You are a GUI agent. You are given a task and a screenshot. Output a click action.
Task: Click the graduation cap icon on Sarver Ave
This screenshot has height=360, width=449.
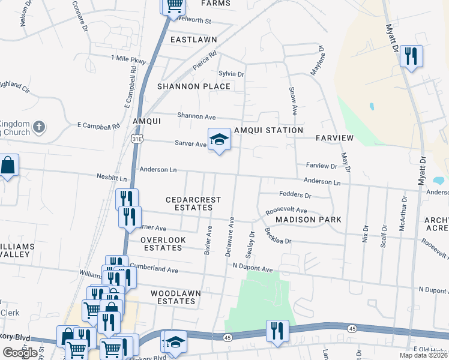pyautogui.click(x=219, y=140)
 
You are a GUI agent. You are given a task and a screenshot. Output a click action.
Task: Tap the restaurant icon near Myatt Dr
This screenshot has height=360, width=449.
pyautogui.click(x=411, y=56)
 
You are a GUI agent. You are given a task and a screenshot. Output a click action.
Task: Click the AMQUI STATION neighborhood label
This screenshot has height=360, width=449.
pyautogui.click(x=268, y=130)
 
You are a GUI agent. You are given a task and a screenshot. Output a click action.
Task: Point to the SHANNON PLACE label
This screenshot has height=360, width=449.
pyautogui.click(x=194, y=86)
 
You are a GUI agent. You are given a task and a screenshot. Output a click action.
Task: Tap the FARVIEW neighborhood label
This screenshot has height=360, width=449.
pyautogui.click(x=336, y=138)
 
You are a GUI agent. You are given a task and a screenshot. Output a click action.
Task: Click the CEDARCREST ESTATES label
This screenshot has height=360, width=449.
pyautogui.click(x=193, y=203)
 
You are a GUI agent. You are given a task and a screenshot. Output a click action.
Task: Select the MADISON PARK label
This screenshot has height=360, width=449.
pyautogui.click(x=309, y=220)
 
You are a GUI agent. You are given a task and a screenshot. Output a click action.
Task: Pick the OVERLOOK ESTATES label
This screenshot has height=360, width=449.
pyautogui.click(x=163, y=244)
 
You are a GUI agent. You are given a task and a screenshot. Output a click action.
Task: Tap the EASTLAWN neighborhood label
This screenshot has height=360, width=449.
pyautogui.click(x=193, y=40)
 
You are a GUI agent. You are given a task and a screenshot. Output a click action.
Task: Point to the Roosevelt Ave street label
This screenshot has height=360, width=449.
pyautogui.click(x=286, y=211)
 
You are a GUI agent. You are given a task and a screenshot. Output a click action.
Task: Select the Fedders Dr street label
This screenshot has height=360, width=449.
pyautogui.click(x=295, y=195)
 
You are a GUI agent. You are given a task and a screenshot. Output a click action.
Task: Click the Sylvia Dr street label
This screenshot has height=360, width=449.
pyautogui.click(x=231, y=74)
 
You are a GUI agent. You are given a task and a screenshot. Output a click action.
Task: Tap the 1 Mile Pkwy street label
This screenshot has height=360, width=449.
pyautogui.click(x=128, y=60)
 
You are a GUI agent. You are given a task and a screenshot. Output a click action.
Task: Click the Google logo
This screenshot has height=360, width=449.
pyautogui.click(x=20, y=353)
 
